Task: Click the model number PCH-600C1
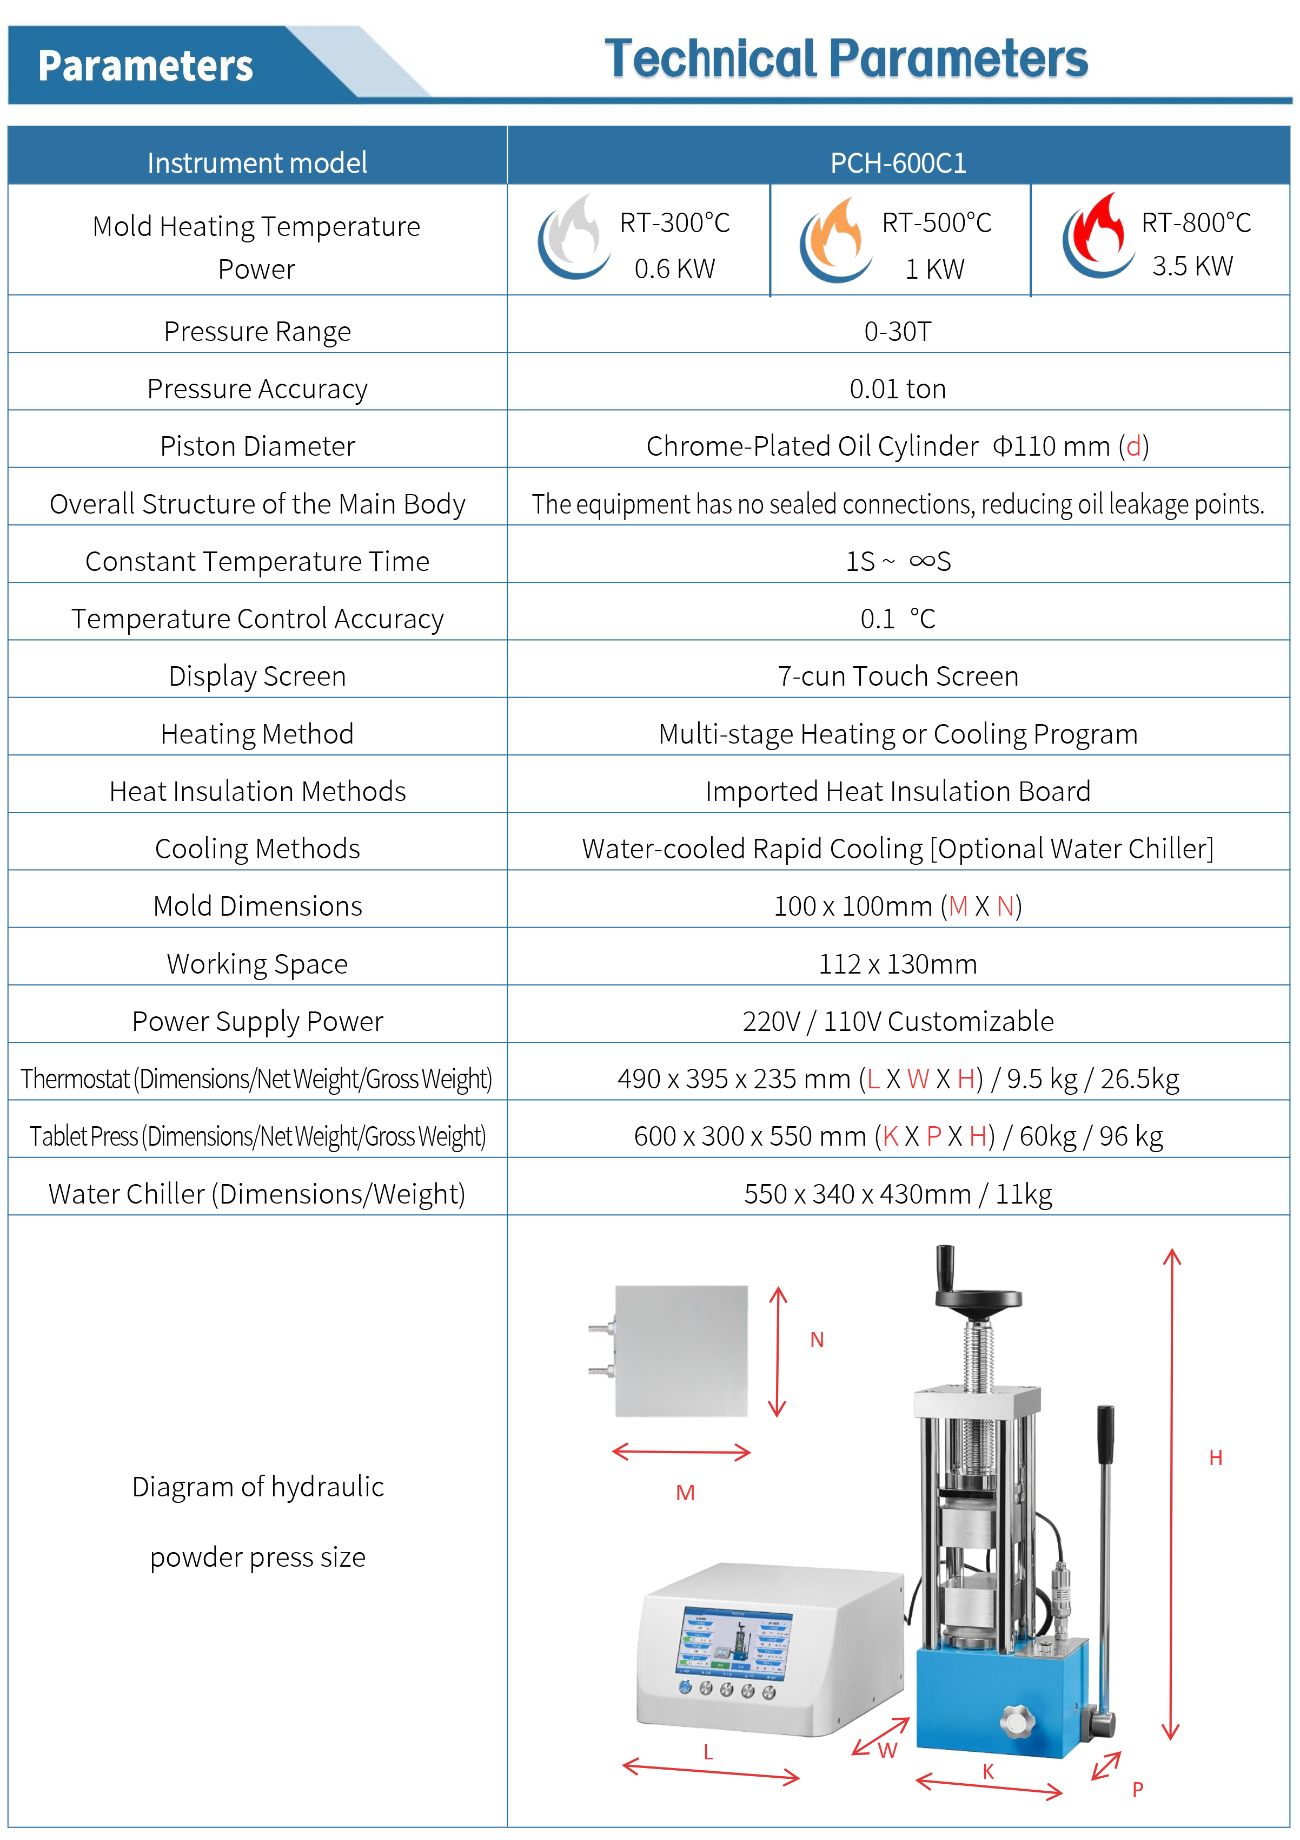[898, 163]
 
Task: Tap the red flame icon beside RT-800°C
[1097, 235]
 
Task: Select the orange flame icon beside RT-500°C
[835, 238]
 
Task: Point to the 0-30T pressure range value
[897, 331]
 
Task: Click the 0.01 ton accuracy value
[897, 389]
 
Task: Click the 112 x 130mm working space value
[897, 964]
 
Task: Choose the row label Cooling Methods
[257, 849]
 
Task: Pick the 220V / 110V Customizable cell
[897, 1022]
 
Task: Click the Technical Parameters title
[846, 60]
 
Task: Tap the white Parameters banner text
[146, 65]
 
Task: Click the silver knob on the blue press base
[1017, 1720]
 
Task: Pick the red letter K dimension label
[987, 1772]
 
